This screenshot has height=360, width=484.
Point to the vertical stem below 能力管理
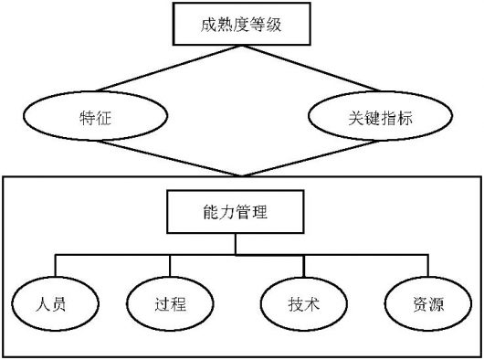click(236, 242)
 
